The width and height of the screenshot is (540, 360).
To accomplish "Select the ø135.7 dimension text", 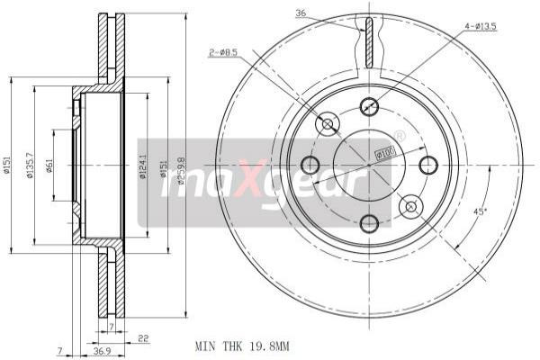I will point(31,166).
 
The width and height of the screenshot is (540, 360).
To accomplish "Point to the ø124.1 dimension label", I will point(141,166).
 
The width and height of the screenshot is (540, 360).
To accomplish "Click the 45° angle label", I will point(480,212).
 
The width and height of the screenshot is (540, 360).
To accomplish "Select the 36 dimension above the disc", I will point(301,13).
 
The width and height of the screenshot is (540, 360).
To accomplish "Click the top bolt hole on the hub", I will point(369,107).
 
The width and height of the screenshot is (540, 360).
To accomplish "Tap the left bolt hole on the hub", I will point(310,165).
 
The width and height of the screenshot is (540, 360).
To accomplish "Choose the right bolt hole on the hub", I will point(427,165).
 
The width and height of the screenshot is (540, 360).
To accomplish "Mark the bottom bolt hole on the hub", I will point(369,222).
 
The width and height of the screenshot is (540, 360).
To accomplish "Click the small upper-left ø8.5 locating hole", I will point(328,123).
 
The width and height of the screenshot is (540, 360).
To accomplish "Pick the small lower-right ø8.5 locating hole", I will point(410,206).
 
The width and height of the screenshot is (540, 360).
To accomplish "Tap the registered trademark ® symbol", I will point(400,137).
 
